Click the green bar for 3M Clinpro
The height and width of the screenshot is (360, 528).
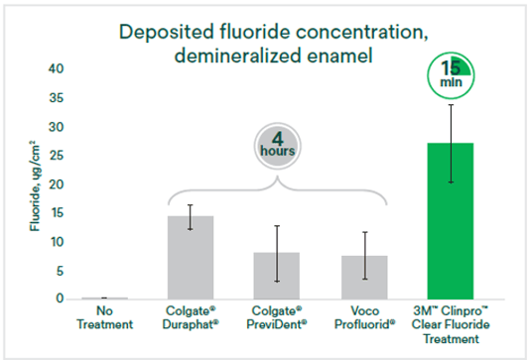coord(451,221)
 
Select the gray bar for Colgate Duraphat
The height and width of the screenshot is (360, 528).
coord(191,258)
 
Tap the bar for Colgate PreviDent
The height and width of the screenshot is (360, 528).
coord(277,276)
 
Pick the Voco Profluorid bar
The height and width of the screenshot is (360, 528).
coord(364,278)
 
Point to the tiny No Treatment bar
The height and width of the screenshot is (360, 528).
coord(105,299)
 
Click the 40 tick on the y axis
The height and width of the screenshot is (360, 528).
coord(56,69)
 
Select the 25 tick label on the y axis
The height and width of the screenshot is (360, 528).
coord(56,156)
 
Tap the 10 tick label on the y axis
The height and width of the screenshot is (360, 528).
coord(57,242)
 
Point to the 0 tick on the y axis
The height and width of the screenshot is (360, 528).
coord(60,299)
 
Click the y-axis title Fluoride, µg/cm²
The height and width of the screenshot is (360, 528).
coord(35,186)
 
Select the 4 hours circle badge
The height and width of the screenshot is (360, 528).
coord(278,146)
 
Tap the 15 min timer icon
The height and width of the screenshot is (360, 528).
coord(451,75)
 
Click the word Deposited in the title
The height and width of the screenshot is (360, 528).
coord(167,32)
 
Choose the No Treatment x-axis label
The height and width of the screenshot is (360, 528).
coord(105,317)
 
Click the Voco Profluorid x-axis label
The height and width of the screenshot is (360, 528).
coord(364,317)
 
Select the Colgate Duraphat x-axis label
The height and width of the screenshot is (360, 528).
coord(191,317)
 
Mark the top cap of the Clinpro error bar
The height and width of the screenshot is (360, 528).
coord(451,105)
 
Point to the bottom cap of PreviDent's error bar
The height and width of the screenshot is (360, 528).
coord(277,282)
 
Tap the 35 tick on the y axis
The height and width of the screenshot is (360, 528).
coord(56,98)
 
